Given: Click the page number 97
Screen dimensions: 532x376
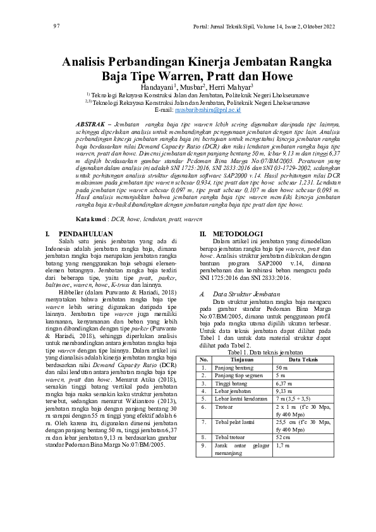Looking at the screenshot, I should pos(56,26).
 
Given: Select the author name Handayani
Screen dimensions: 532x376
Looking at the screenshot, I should pos(159,87).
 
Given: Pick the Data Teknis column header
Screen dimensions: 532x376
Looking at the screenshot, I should pos(305,341).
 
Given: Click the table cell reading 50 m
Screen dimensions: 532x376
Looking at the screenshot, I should pos(282,349).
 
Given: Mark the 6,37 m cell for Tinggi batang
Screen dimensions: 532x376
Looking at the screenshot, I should pos(284,366).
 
